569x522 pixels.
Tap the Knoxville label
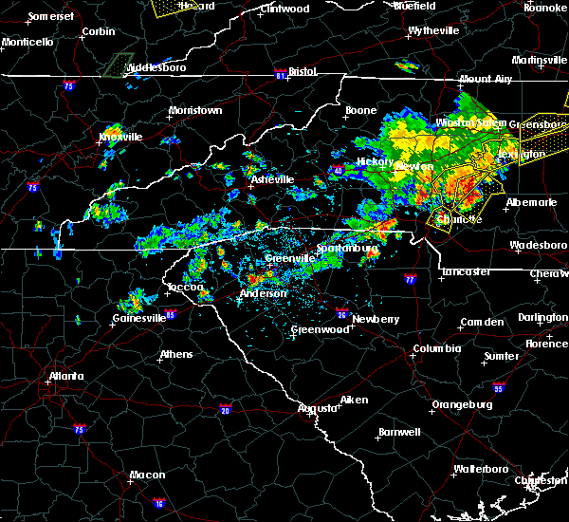[120, 137]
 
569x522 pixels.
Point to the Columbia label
[436, 348]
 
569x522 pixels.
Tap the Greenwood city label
[320, 329]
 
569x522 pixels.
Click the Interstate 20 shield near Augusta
[225, 410]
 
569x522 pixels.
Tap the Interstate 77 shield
[410, 280]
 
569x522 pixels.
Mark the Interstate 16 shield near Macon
[158, 503]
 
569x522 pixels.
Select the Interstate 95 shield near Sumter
[499, 387]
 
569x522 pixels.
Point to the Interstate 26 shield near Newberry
[342, 314]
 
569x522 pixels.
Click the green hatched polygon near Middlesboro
[118, 65]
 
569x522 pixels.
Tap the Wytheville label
[433, 30]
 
